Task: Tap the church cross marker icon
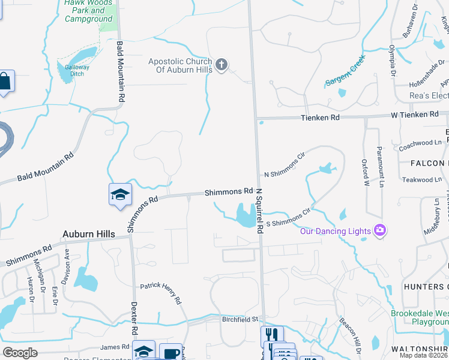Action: [x=221, y=65]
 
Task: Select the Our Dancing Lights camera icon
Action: [x=379, y=230]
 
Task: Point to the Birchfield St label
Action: [x=238, y=319]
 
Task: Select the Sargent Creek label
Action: [x=345, y=77]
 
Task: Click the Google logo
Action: [x=20, y=353]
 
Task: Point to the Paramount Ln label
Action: [x=379, y=167]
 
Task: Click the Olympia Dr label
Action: [x=392, y=60]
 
